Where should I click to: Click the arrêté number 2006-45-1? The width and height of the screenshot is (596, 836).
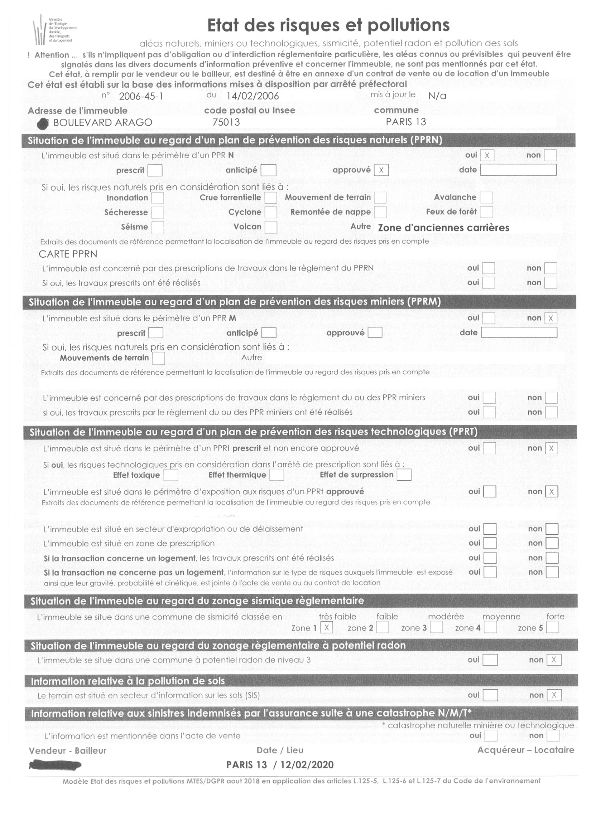click(x=141, y=96)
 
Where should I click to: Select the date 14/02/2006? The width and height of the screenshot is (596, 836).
click(x=253, y=96)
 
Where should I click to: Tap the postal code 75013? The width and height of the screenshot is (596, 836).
click(x=226, y=122)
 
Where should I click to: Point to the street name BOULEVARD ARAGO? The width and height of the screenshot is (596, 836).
click(x=103, y=122)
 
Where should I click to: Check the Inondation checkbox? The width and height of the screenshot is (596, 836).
click(x=158, y=198)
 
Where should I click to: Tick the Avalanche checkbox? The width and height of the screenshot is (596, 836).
click(x=486, y=198)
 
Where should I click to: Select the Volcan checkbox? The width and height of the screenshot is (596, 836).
click(x=271, y=227)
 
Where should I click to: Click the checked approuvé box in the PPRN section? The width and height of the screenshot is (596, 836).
click(x=381, y=170)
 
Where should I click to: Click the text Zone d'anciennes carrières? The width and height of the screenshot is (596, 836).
click(x=443, y=228)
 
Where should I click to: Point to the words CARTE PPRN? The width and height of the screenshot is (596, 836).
click(x=68, y=254)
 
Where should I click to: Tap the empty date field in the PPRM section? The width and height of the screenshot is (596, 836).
click(x=519, y=332)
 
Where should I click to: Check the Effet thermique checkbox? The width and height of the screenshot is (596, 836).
click(x=277, y=475)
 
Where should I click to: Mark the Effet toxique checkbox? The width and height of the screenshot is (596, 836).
click(x=170, y=475)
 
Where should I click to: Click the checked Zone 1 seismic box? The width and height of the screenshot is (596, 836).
click(x=327, y=627)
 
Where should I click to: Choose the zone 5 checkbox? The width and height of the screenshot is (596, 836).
click(x=552, y=627)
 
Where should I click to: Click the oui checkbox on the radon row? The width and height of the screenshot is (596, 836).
click(x=490, y=660)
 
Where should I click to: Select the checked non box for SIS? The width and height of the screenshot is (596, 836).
click(x=554, y=695)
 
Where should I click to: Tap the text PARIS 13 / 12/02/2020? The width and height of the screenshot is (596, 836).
click(x=280, y=765)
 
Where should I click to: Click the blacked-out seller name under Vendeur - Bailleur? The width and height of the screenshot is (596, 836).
click(x=55, y=765)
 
